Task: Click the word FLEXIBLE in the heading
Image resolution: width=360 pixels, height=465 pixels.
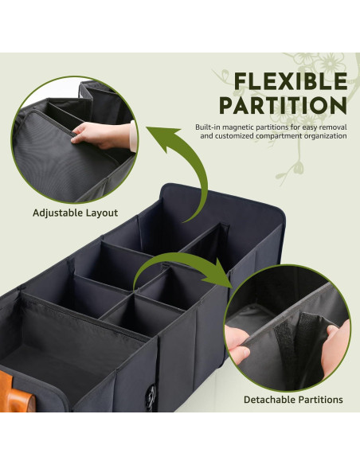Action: [x=290, y=81]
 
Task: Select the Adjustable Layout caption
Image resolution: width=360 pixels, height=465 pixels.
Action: [x=75, y=213]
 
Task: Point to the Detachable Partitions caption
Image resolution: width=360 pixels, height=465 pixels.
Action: [x=292, y=399]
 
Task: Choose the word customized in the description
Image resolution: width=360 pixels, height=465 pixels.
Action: [x=237, y=136]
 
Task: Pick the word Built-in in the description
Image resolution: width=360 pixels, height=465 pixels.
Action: [x=209, y=127]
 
